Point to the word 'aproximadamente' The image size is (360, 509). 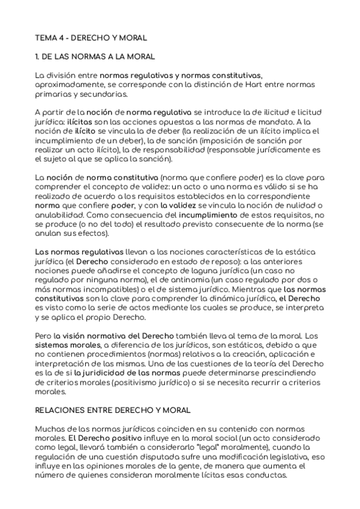tap(68, 85)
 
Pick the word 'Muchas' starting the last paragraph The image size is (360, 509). tap(49, 430)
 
